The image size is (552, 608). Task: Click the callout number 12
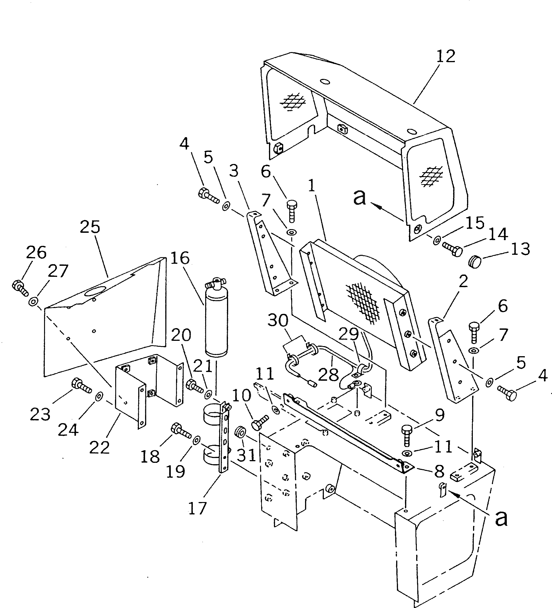pos(446,56)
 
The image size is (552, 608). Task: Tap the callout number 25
pos(90,227)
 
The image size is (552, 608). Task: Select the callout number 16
pos(180,258)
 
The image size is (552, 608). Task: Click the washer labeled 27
pos(33,301)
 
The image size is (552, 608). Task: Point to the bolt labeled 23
pos(81,386)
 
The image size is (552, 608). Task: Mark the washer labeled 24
pos(98,396)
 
